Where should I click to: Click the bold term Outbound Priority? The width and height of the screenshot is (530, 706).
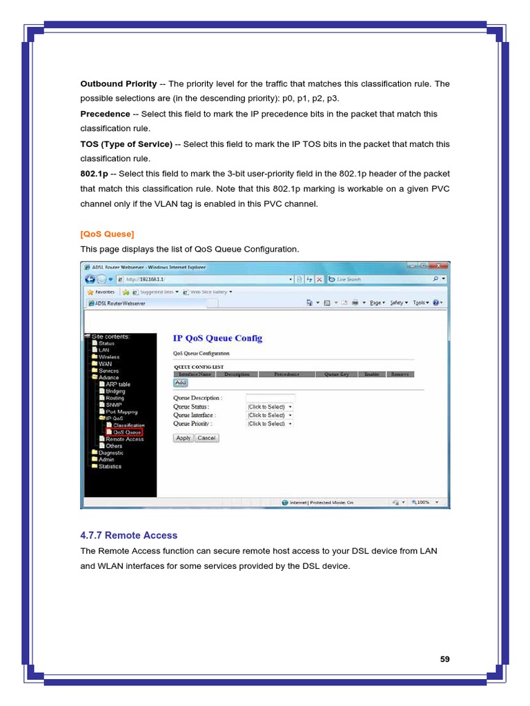point(119,84)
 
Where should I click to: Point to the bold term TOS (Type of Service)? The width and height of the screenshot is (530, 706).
point(126,144)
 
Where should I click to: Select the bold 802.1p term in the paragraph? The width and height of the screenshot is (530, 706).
point(94,174)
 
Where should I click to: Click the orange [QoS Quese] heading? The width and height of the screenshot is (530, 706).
point(107,234)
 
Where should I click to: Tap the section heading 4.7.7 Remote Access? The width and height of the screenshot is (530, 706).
point(128,535)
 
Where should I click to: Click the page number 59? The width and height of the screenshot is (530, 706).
point(444,659)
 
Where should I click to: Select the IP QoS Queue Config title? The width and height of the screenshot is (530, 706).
point(217,339)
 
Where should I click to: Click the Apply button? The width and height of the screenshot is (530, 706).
point(183,438)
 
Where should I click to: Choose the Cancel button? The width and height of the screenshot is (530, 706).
point(206,438)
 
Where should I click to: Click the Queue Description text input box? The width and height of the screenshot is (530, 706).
point(270,398)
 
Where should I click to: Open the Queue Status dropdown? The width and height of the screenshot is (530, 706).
point(270,407)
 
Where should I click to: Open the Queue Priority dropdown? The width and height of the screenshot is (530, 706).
point(270,424)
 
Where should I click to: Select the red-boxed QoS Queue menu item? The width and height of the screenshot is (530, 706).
point(128,432)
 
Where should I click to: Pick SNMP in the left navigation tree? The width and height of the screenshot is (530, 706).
point(113,405)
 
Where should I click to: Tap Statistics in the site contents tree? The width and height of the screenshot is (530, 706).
point(110,466)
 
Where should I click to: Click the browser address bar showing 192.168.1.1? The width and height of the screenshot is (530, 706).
point(207,279)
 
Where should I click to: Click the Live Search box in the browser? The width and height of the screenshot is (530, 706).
point(380,279)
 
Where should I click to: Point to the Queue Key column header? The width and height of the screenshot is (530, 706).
point(337,374)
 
